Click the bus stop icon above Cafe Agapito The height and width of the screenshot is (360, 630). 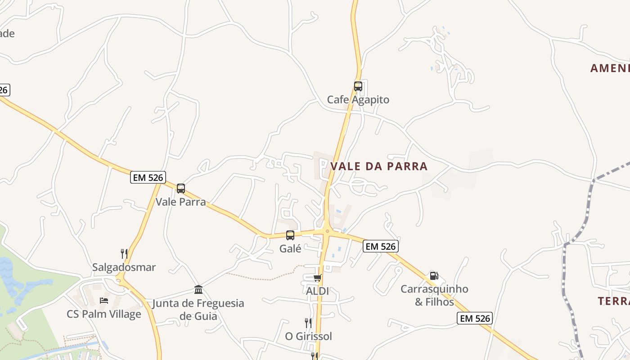pyautogui.click(x=358, y=86)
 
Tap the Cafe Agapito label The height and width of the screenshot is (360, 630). pyautogui.click(x=358, y=99)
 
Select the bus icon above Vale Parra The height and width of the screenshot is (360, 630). pyautogui.click(x=181, y=189)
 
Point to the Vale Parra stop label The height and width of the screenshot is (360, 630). pyautogui.click(x=180, y=202)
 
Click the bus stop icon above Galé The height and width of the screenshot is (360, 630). pyautogui.click(x=290, y=235)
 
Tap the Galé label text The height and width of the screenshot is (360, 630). pyautogui.click(x=290, y=248)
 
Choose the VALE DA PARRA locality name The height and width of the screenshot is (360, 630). pyautogui.click(x=378, y=166)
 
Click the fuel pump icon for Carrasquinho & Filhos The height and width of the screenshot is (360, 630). pyautogui.click(x=434, y=276)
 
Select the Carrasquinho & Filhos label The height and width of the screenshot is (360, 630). pyautogui.click(x=434, y=295)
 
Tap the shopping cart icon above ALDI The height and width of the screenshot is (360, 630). pyautogui.click(x=318, y=278)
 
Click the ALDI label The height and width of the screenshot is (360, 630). pyautogui.click(x=317, y=291)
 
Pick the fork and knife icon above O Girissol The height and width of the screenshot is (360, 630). pyautogui.click(x=308, y=323)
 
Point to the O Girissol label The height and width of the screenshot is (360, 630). pyautogui.click(x=308, y=336)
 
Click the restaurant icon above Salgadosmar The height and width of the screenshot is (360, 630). pyautogui.click(x=124, y=253)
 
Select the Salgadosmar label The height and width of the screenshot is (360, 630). pyautogui.click(x=124, y=267)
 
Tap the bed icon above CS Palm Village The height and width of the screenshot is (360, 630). pyautogui.click(x=104, y=300)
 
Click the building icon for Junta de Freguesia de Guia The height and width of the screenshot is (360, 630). pyautogui.click(x=198, y=289)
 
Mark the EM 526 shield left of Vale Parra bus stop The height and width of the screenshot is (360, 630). pyautogui.click(x=148, y=177)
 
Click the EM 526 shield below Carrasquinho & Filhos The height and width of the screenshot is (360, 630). pyautogui.click(x=475, y=319)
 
